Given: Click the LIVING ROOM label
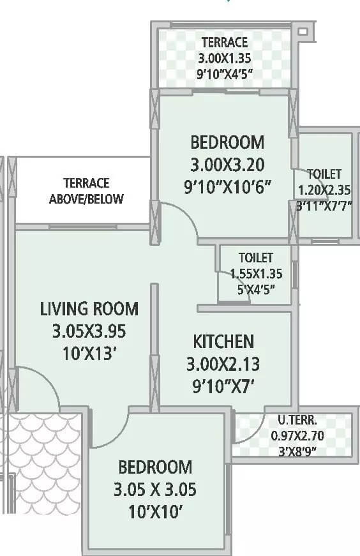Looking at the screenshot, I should click(89, 309).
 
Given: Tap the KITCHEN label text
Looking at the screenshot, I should click(223, 341).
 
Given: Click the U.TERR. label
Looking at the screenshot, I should click(294, 421).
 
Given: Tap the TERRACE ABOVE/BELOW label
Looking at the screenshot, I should click(87, 191).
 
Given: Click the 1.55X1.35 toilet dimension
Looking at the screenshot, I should click(255, 273).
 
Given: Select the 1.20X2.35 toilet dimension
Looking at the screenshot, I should click(324, 190).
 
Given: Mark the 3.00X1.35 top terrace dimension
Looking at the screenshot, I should click(224, 58).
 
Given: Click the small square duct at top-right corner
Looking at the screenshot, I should click(303, 31).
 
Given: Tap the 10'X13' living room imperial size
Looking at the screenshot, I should click(89, 354).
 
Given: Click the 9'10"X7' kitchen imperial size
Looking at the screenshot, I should click(223, 386).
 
